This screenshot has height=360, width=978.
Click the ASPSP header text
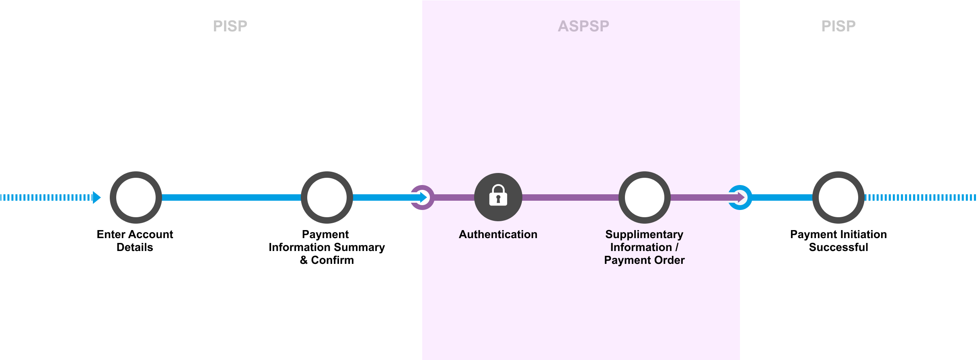tap(583, 26)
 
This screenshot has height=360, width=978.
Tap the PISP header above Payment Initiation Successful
tap(838, 26)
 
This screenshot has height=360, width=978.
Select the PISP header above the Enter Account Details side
tap(230, 26)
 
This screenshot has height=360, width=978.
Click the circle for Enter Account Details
tap(136, 197)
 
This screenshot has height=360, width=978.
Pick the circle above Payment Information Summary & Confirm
tap(327, 197)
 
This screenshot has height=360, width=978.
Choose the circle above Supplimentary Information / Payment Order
tap(645, 197)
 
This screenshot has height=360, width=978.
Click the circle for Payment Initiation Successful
tap(838, 197)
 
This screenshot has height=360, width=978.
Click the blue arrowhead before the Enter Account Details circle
tap(97, 197)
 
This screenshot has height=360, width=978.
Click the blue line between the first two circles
tap(231, 197)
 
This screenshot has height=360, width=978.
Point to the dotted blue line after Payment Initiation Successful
tap(921, 197)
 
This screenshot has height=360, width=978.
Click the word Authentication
tap(498, 235)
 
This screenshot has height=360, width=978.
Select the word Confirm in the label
tap(332, 260)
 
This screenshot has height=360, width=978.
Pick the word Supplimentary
tap(644, 235)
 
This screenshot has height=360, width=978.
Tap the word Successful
tap(838, 247)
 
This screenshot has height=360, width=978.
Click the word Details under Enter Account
tap(135, 247)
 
